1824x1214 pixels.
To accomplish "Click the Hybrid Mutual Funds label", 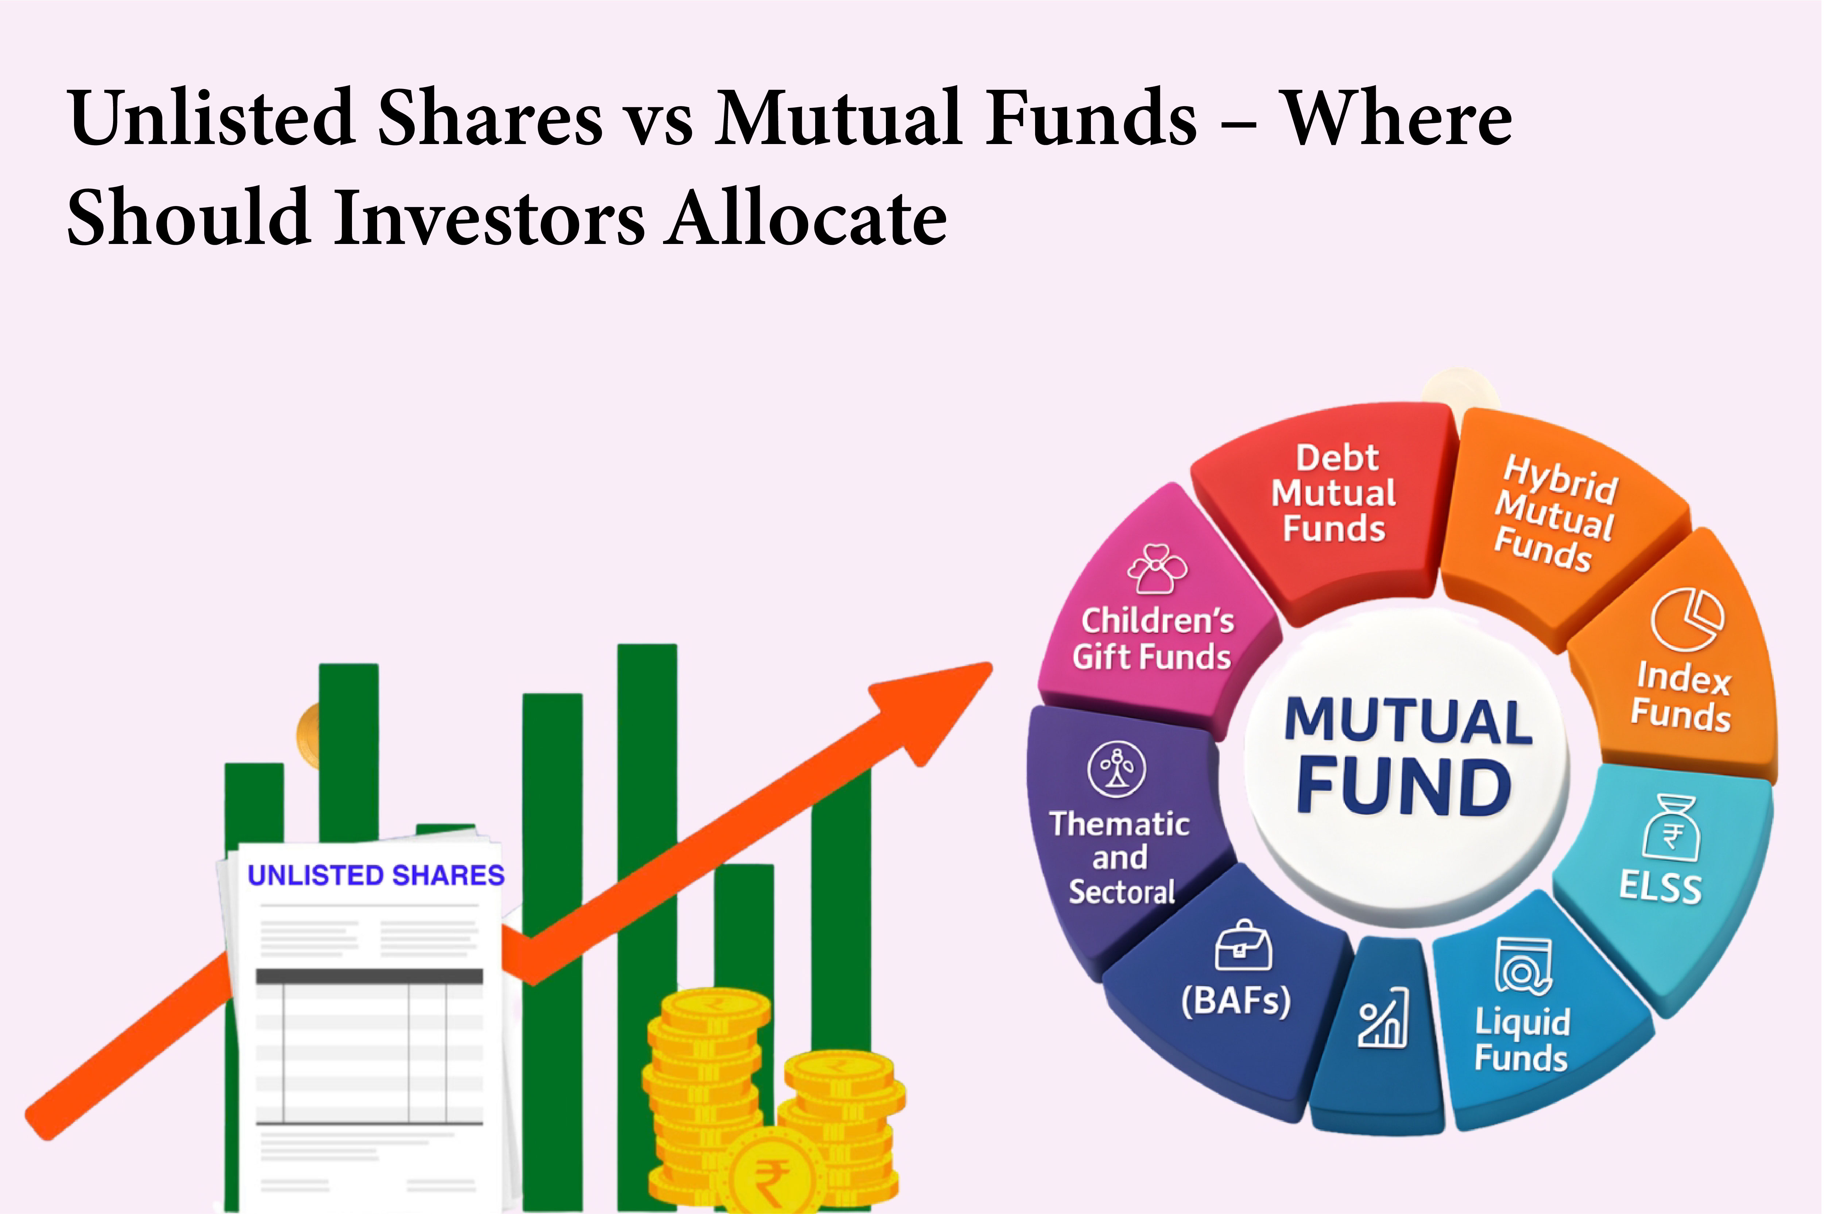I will click(x=1554, y=514).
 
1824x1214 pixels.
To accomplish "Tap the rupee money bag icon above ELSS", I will click(x=1670, y=827).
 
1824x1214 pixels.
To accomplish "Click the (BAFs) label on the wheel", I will click(x=1236, y=1000).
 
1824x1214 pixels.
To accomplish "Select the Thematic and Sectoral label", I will click(x=1119, y=857).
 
